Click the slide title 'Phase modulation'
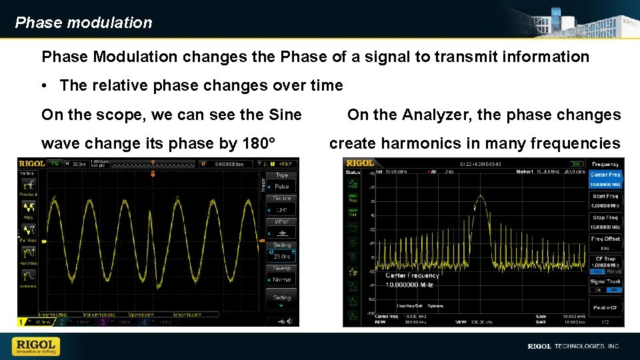pos(83,23)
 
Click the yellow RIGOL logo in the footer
pos(35,346)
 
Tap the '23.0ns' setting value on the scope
pos(282,257)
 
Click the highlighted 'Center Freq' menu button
pos(605,179)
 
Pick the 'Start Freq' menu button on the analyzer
pos(605,199)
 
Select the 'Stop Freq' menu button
pos(605,221)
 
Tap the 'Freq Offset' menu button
pos(605,242)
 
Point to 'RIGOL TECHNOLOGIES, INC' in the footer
pos(573,347)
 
